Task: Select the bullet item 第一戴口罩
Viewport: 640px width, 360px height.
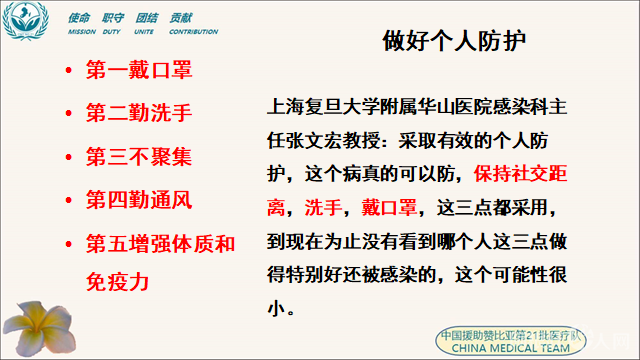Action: [139, 71]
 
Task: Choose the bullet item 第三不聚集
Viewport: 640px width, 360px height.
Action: [139, 157]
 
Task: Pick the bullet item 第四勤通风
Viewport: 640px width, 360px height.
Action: [139, 200]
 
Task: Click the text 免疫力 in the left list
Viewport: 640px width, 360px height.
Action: [118, 283]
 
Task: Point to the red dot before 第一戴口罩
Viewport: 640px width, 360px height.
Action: [68, 73]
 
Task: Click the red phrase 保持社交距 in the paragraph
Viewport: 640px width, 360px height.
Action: [512, 174]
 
